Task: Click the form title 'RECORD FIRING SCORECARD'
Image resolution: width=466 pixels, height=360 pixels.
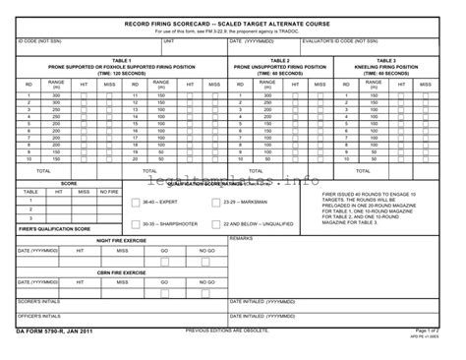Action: coord(233,21)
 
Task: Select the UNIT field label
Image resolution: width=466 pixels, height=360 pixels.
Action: coord(169,41)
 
